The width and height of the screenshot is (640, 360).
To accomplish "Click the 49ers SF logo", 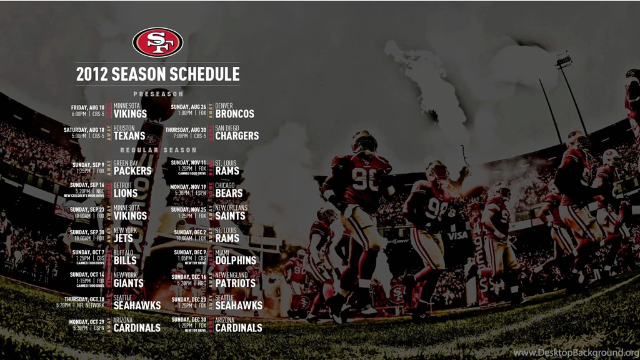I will click(x=157, y=42).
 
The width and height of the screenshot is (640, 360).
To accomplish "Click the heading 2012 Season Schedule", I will click(x=157, y=74).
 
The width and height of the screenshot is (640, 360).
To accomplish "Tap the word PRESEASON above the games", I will click(x=158, y=94).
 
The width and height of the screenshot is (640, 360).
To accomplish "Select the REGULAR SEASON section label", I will click(x=158, y=150).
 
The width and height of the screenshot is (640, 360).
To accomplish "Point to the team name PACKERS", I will click(x=132, y=171).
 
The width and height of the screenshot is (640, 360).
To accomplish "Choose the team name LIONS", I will click(x=126, y=193).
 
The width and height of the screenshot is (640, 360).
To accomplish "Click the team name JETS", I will click(x=123, y=238).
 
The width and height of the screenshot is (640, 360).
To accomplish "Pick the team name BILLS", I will click(x=125, y=261).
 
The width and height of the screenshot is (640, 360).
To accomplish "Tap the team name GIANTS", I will click(x=129, y=283).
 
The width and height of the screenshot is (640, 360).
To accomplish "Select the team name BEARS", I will click(x=229, y=193).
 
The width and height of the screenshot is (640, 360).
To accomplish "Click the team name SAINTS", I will click(x=231, y=216).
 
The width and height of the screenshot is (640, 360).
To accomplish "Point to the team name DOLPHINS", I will click(x=236, y=261).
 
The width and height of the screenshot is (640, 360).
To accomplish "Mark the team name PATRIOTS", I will click(x=236, y=283).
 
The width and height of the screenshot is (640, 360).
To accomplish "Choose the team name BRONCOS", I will click(x=235, y=114).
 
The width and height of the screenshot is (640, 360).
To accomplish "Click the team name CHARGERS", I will click(x=237, y=136).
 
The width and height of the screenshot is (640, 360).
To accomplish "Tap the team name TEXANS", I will click(x=129, y=136).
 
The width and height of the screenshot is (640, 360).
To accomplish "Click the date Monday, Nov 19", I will click(x=188, y=186).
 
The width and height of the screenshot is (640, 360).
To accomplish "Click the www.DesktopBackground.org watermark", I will click(x=575, y=353).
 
